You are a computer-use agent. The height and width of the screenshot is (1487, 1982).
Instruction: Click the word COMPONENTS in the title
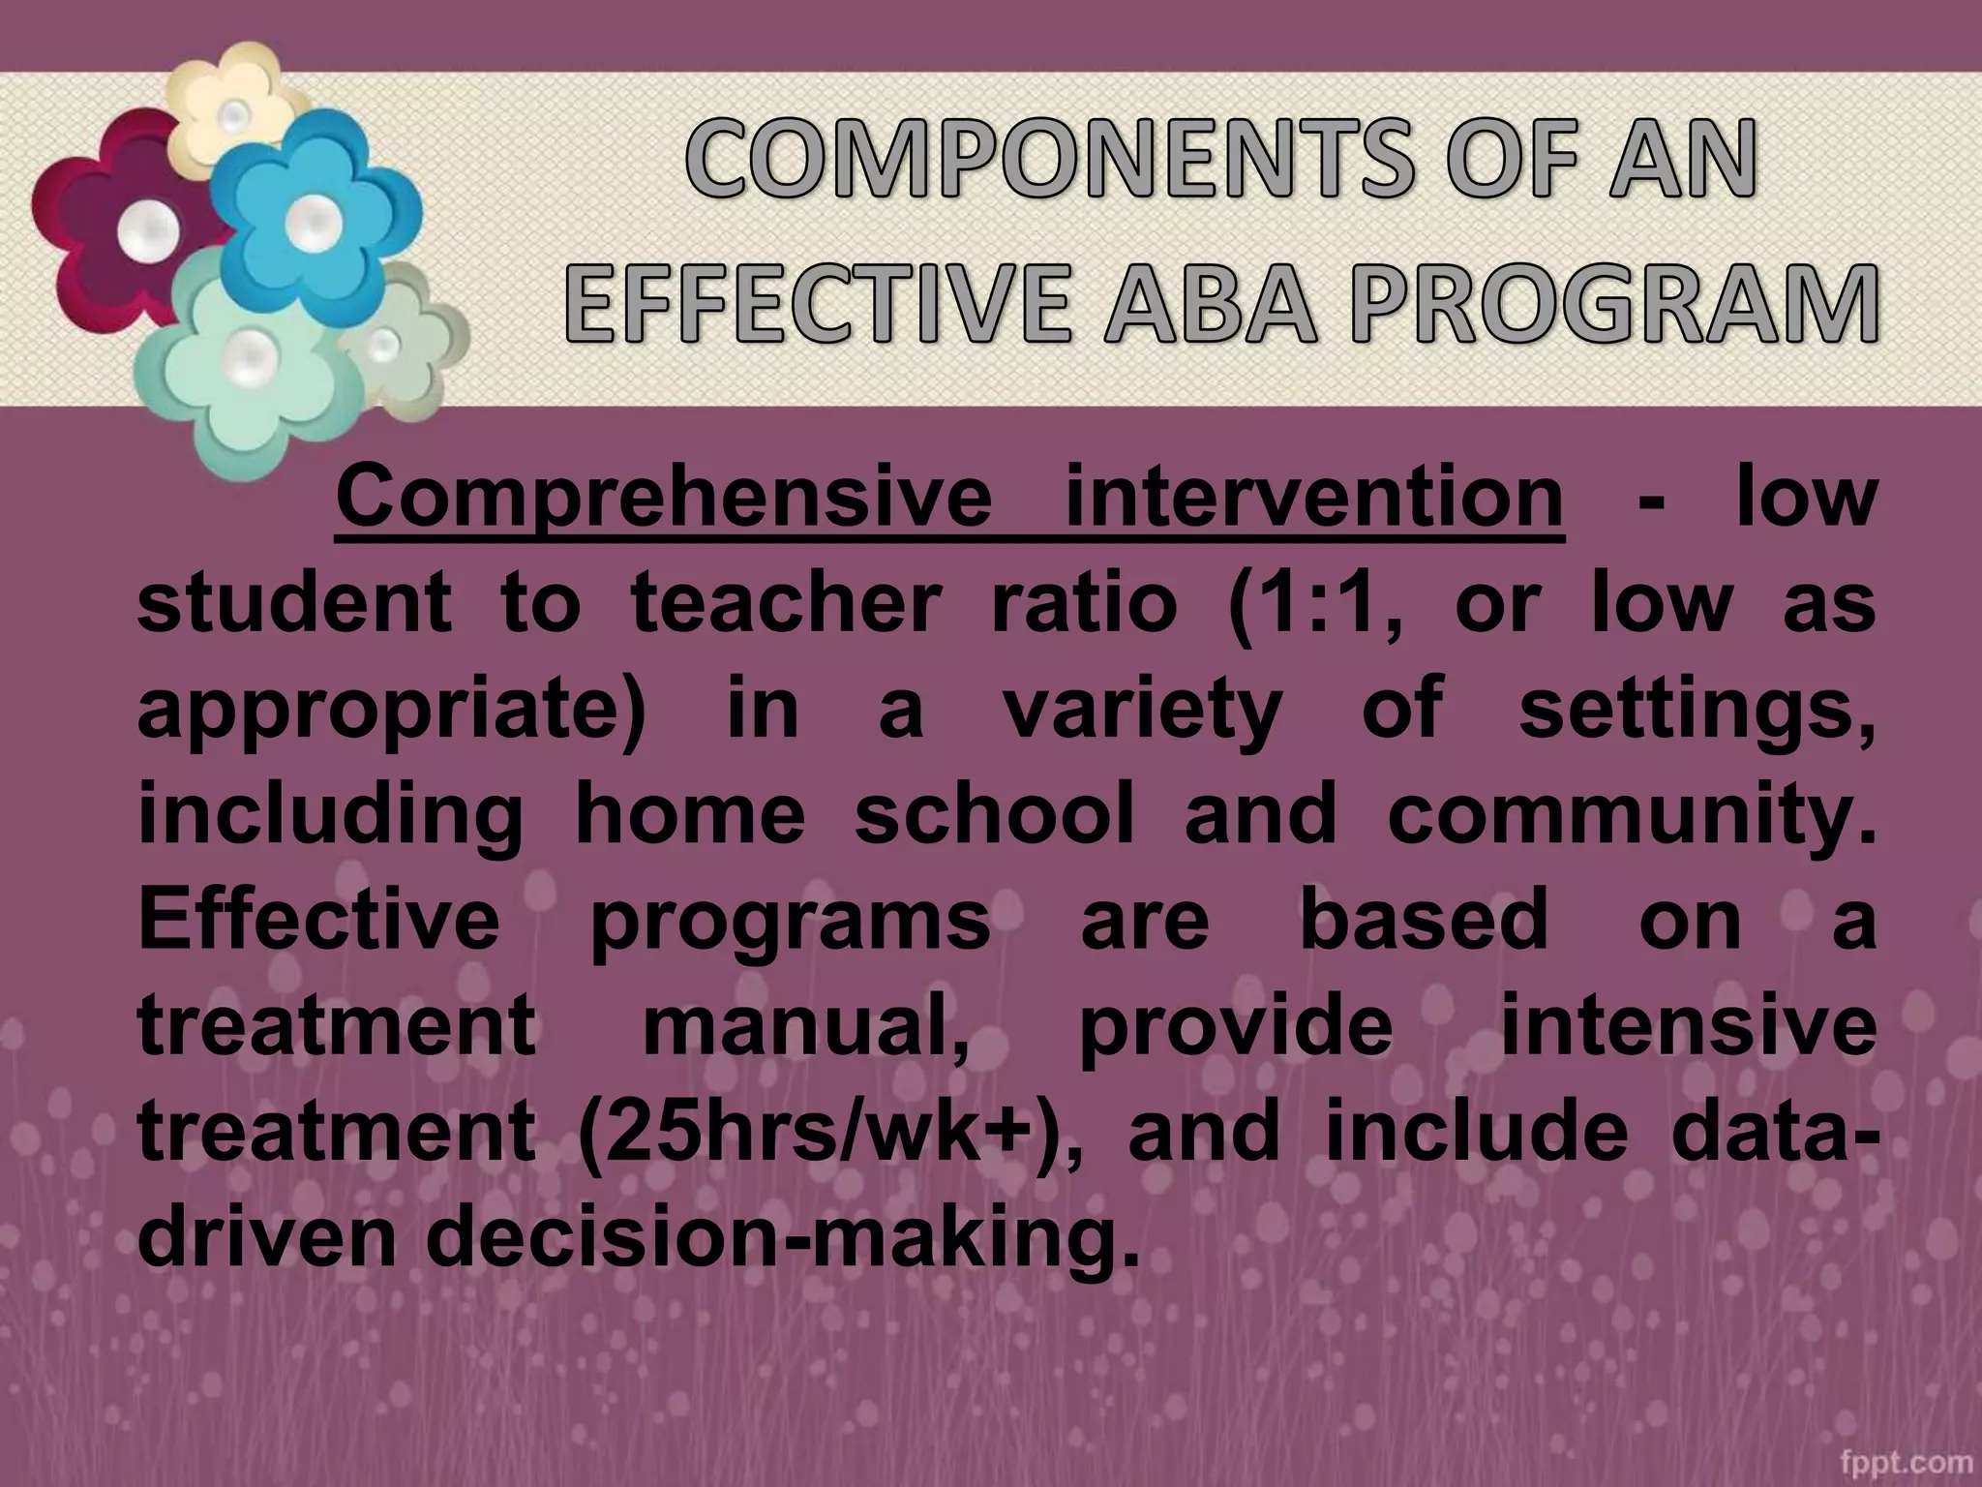(x=1033, y=160)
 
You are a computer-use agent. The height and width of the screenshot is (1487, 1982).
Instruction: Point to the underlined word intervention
(x=1314, y=500)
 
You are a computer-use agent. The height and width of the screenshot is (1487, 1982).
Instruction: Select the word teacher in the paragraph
(x=785, y=604)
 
